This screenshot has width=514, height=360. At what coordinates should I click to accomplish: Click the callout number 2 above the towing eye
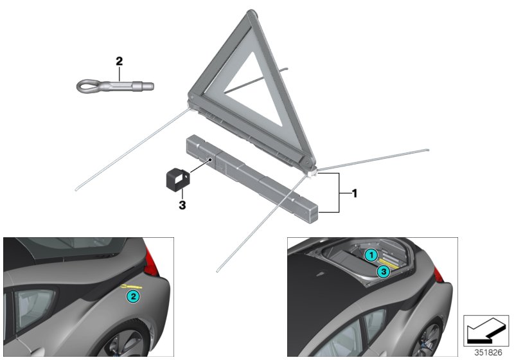(119, 62)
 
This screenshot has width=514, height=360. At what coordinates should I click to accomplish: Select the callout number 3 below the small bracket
(182, 206)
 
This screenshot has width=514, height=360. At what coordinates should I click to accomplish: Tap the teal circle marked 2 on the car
(132, 296)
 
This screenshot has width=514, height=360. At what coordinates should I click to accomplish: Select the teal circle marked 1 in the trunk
(371, 255)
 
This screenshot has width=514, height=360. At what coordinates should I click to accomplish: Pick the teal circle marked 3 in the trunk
(382, 271)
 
